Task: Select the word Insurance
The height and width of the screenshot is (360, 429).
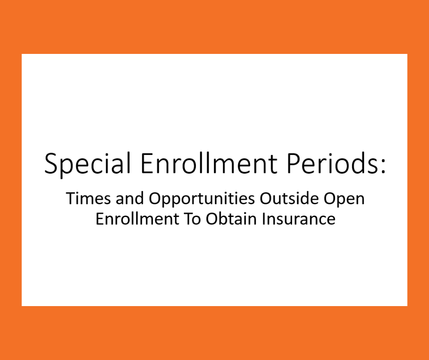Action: pyautogui.click(x=298, y=219)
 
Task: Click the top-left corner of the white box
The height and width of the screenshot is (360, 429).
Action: pyautogui.click(x=22, y=54)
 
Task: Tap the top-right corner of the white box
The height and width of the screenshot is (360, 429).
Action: pyautogui.click(x=407, y=54)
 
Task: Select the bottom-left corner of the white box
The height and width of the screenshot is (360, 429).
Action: pyautogui.click(x=22, y=305)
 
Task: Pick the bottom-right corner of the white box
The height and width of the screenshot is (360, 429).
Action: pyautogui.click(x=407, y=305)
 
